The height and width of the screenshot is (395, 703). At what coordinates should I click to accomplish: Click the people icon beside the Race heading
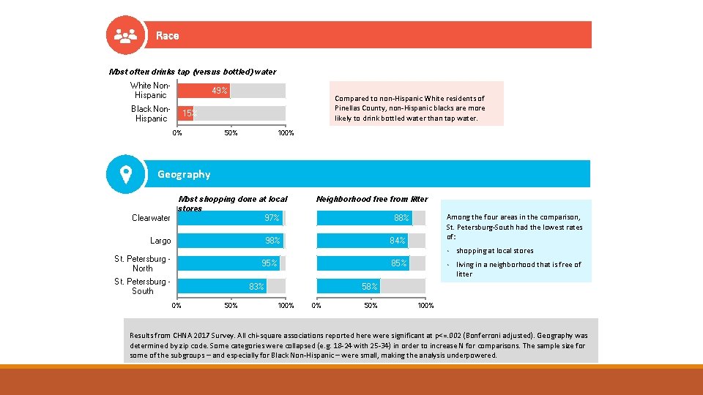pos(125,35)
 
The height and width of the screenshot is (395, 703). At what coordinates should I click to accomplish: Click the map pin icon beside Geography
pos(125,174)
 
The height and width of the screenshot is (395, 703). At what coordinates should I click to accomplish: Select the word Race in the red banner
pos(167,35)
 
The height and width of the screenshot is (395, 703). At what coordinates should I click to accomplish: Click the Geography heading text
pos(184,174)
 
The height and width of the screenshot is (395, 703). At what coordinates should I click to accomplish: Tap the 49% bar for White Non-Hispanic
pos(204,91)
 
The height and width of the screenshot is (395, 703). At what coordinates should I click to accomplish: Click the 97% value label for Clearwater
pos(272,218)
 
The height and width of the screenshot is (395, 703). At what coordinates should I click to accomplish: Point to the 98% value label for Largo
pos(272,241)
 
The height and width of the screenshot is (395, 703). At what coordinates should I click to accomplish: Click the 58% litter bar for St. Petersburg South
pos(349,287)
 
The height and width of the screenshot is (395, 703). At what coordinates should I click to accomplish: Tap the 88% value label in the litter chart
pos(401,218)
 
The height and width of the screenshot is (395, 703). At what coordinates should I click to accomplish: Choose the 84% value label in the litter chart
pos(398,241)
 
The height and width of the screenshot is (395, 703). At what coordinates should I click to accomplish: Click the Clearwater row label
pos(151,218)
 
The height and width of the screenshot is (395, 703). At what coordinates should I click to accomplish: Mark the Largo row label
pos(160,241)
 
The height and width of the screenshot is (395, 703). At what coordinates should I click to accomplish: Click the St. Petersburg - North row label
pos(142,263)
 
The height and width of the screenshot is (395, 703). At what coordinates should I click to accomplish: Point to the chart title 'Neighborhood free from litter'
pos(372,199)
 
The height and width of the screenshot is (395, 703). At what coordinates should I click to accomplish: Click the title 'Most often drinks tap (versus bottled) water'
pos(193,72)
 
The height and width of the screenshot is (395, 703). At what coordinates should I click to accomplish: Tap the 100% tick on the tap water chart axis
pos(286,133)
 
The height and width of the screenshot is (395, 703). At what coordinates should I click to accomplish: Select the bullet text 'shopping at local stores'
pos(494,251)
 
